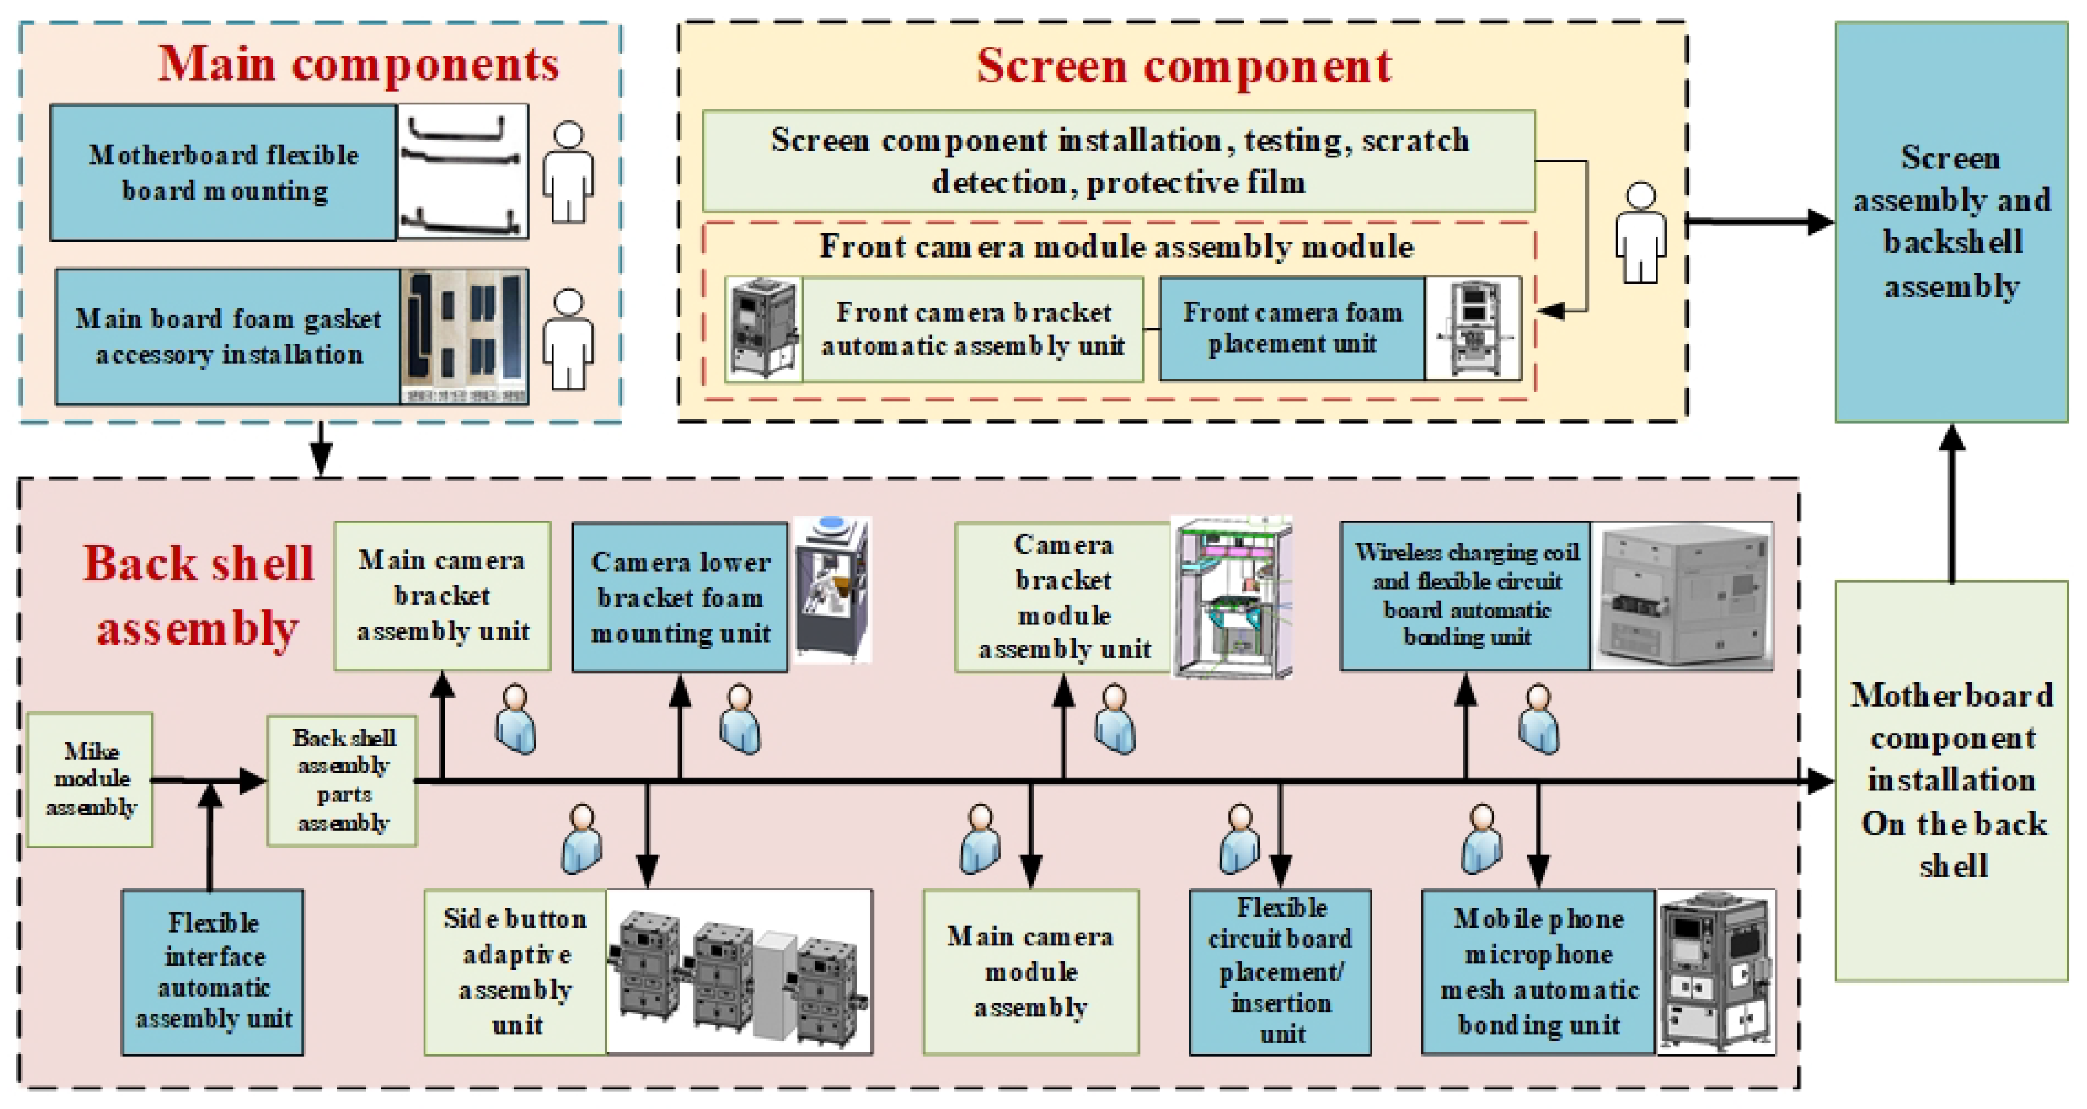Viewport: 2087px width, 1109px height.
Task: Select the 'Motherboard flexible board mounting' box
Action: pos(223,173)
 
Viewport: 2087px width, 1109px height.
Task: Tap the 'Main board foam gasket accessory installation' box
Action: pos(228,337)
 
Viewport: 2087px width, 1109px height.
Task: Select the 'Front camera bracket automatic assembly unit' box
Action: pos(972,329)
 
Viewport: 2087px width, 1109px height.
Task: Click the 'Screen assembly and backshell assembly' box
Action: pos(1951,222)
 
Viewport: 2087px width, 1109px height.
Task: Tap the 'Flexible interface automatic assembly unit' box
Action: pos(213,971)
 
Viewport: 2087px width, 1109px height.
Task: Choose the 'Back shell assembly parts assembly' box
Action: pos(343,780)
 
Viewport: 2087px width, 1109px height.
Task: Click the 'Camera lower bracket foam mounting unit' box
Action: pos(680,597)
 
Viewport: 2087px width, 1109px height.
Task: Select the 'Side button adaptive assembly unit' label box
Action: pos(515,971)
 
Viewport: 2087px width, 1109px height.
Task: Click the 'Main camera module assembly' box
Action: pos(1031,971)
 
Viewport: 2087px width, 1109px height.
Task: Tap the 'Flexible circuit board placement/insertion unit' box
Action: pos(1280,971)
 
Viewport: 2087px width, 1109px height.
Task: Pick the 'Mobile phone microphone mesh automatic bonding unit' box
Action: pos(1538,971)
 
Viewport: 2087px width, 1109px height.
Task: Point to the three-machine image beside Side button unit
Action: pos(739,971)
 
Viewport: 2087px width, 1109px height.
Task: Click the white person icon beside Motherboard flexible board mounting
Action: pos(568,172)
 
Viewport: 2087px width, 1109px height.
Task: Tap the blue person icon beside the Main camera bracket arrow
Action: pos(516,720)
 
